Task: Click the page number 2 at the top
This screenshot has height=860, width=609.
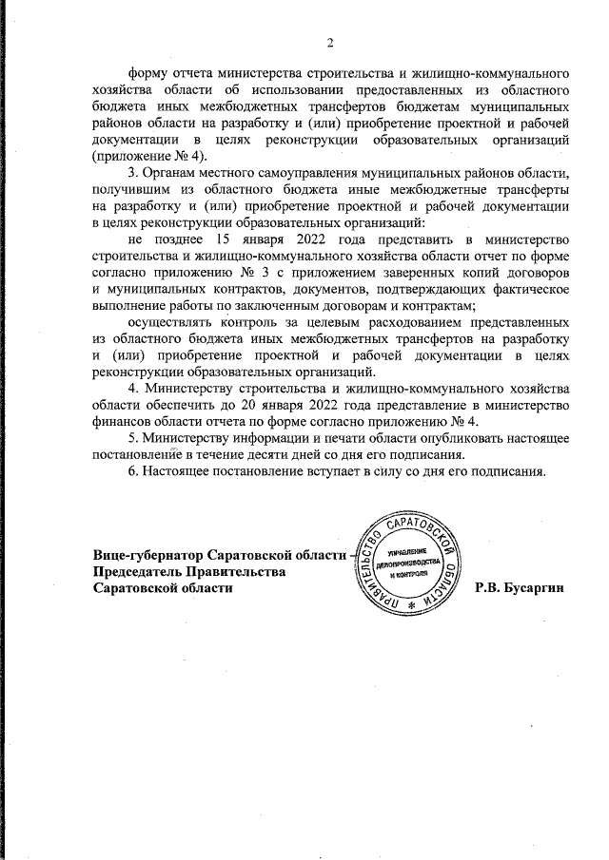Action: click(330, 42)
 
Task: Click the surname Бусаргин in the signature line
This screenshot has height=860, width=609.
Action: click(538, 588)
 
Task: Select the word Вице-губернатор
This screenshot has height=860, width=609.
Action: click(147, 556)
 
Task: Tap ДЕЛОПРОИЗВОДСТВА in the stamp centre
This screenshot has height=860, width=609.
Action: click(411, 564)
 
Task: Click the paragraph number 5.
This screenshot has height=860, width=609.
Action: click(132, 438)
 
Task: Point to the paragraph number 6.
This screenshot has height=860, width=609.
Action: click(132, 472)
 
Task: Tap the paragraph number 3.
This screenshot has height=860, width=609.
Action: click(132, 172)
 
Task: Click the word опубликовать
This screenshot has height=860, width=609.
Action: click(439, 438)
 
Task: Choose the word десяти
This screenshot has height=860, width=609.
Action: click(280, 455)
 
